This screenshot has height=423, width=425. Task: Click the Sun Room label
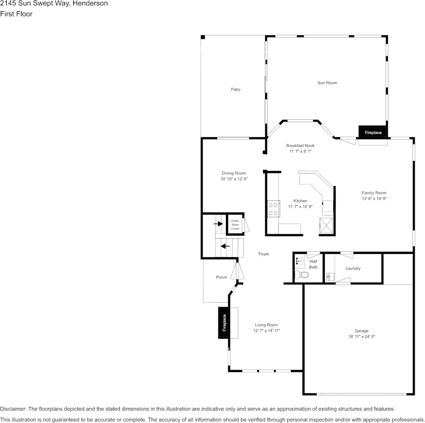click(x=327, y=83)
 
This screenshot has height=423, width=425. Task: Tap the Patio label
click(x=235, y=89)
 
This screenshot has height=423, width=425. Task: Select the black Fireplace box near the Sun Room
click(x=373, y=132)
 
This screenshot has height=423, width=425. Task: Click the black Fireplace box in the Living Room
click(x=224, y=323)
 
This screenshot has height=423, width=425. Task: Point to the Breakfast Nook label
click(x=300, y=146)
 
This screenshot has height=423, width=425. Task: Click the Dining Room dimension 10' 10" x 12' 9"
click(x=234, y=179)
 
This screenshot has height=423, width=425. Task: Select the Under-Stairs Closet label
click(x=235, y=224)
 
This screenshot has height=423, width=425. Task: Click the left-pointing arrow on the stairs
click(x=225, y=245)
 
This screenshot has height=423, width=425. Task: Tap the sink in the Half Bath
click(x=300, y=261)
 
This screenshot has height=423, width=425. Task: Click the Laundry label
click(x=353, y=268)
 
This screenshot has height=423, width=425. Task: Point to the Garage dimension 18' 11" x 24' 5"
click(x=361, y=337)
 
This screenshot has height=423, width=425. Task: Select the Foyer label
click(x=263, y=254)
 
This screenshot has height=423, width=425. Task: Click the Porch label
click(x=221, y=277)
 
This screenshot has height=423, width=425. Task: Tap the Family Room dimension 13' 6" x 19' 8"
click(x=374, y=199)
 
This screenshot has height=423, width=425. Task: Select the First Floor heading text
click(x=16, y=14)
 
